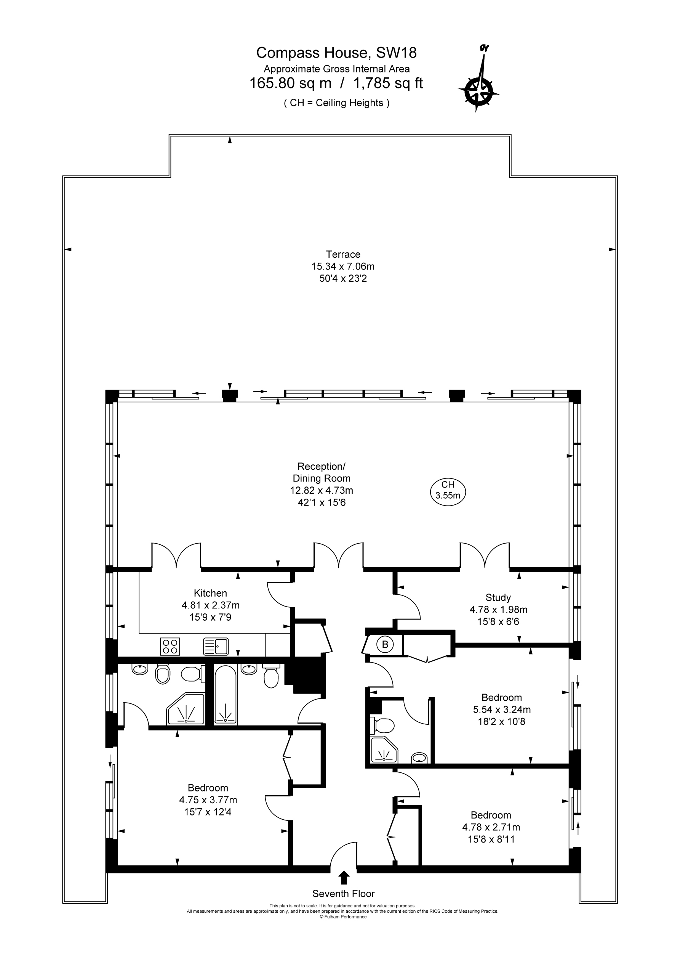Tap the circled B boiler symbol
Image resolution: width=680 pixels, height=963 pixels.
pos(385,644)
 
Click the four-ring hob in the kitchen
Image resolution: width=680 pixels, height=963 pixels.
pos(170,646)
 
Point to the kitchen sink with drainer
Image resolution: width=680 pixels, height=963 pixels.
pos(216,646)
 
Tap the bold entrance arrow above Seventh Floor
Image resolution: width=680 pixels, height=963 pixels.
pos(344,878)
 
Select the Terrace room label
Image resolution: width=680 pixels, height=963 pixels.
pos(343,254)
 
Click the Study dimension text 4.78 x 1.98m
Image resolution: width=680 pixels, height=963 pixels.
pos(498,610)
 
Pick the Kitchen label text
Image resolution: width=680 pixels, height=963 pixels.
pos(210,593)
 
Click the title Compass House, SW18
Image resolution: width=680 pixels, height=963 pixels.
pos(336,53)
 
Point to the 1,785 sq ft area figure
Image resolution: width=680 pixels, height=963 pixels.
pos(388,83)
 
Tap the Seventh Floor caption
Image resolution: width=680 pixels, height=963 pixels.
pos(343,894)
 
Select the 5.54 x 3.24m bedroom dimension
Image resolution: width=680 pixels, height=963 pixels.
pos(502,709)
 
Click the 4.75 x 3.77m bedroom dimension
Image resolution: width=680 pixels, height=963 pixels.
pos(208,800)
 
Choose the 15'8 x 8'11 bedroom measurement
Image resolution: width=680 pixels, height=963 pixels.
pos(491,839)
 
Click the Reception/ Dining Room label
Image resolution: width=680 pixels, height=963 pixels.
pos(322,472)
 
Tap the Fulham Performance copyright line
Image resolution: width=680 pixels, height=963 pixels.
pos(343,917)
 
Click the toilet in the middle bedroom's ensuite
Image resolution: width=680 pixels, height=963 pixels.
pos(382,725)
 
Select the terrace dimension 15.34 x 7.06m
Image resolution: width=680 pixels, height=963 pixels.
pos(343,266)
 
